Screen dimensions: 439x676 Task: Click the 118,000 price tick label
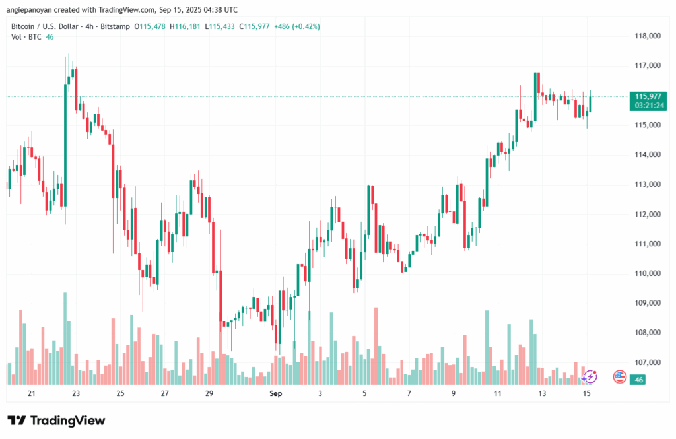647,36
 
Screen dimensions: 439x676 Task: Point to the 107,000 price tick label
647,362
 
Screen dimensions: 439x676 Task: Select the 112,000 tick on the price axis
647,214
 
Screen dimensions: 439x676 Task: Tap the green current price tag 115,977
648,96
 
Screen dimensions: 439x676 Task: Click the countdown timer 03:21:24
648,106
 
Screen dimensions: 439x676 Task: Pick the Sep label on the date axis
276,393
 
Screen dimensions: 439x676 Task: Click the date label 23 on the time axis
76,393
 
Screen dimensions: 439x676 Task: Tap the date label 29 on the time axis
209,393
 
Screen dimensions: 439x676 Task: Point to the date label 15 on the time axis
587,393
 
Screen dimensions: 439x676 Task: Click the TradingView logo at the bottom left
56,421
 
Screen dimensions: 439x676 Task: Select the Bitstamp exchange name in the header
113,26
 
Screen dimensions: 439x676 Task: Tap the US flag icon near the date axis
619,376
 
